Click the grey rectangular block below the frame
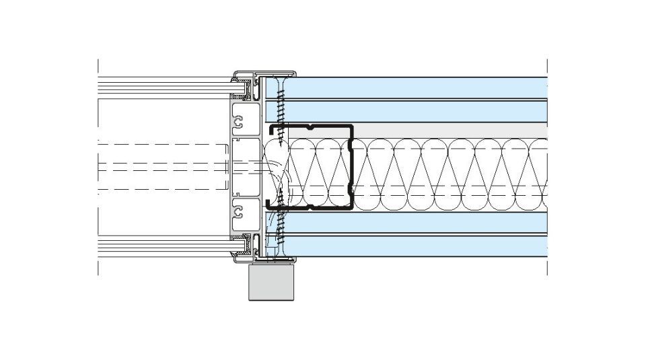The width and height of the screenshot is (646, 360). point(273,283)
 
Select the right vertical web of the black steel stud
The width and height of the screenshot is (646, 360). point(351,168)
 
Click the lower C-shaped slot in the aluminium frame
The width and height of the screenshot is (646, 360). point(238,214)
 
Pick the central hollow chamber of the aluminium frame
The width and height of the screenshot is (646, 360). point(244,168)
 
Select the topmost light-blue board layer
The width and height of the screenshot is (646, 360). point(417,87)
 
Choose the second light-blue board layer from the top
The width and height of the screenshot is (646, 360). point(417,111)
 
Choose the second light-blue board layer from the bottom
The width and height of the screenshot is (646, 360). point(417,223)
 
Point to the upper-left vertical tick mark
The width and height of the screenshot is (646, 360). point(98,66)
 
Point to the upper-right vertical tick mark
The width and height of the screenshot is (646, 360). point(547,66)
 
